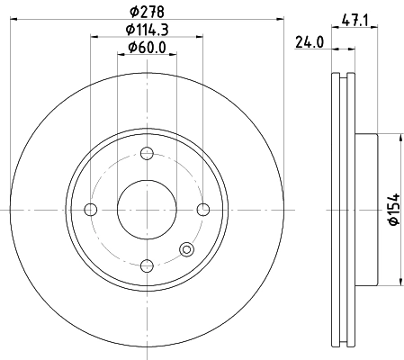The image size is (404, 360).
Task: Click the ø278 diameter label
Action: click(x=146, y=13)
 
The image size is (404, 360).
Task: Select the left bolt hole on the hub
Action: click(x=90, y=210)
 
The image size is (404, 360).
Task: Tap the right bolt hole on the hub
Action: click(x=202, y=210)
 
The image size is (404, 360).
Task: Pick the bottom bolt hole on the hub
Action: click(x=146, y=265)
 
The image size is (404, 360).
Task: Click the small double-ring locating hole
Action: click(x=186, y=249)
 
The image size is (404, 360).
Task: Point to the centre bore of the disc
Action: click(x=146, y=210)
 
